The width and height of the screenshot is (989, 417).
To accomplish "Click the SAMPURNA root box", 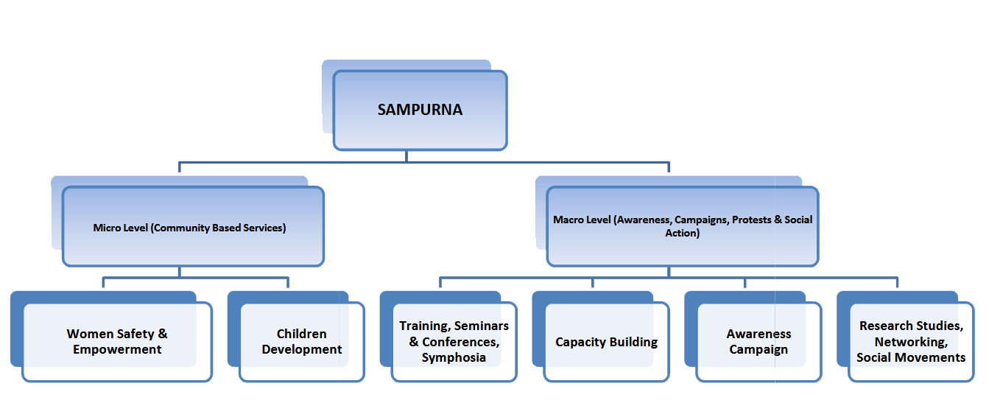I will pyautogui.click(x=420, y=111).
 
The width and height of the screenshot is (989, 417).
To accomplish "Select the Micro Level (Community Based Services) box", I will pyautogui.click(x=193, y=227).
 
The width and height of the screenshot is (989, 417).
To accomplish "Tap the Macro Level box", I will pyautogui.click(x=682, y=226).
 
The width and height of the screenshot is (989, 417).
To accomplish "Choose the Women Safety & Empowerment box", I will pyautogui.click(x=117, y=342).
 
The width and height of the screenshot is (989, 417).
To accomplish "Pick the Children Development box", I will pyautogui.click(x=302, y=342).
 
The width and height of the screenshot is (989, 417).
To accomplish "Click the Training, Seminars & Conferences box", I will pyautogui.click(x=454, y=342).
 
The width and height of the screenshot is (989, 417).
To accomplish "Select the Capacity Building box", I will pyautogui.click(x=606, y=342).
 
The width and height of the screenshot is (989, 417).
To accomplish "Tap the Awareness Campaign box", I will pyautogui.click(x=759, y=342).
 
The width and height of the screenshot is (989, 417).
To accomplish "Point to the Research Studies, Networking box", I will pyautogui.click(x=911, y=342).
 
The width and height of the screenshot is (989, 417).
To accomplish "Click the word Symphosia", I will pyautogui.click(x=454, y=358).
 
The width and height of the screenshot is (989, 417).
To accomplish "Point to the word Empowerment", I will pyautogui.click(x=117, y=350).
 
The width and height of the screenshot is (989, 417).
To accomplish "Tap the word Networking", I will pyautogui.click(x=910, y=342).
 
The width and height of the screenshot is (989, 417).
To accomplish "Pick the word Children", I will pyautogui.click(x=302, y=334).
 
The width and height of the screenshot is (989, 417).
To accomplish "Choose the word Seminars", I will pyautogui.click(x=482, y=326).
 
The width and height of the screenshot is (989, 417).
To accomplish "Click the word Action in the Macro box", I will pyautogui.click(x=681, y=233).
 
